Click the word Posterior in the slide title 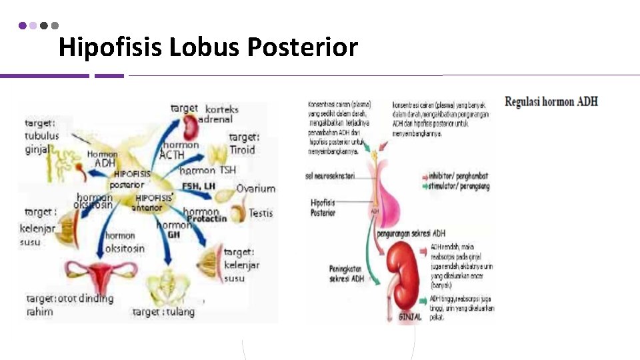coord(302,48)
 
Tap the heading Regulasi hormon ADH coord(551,102)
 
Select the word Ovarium coord(255,189)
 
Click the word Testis coord(261,213)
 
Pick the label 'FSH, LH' coord(200,186)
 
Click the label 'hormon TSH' coord(207,171)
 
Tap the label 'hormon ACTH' coord(180,150)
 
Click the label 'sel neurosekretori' coord(330,176)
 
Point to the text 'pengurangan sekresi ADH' coord(411,234)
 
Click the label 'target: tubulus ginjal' coord(42,136)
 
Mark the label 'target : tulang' coord(163,312)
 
